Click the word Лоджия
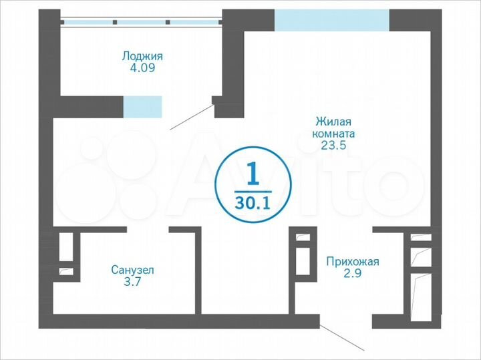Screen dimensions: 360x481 (x=142, y=56)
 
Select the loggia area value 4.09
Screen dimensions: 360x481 (x=142, y=68)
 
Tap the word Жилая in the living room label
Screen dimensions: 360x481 (x=333, y=122)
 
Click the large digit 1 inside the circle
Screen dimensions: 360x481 (x=253, y=175)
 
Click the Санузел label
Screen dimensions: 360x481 (x=132, y=270)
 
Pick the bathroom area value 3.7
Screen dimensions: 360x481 (x=132, y=282)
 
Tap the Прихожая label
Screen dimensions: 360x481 (x=352, y=261)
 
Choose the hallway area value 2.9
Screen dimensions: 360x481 (x=352, y=273)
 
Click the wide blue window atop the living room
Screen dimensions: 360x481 (x=331, y=20)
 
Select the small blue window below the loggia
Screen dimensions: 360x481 (x=142, y=106)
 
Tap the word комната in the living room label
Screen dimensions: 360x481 (x=333, y=134)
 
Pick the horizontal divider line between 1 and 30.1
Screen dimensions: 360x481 (x=253, y=189)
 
